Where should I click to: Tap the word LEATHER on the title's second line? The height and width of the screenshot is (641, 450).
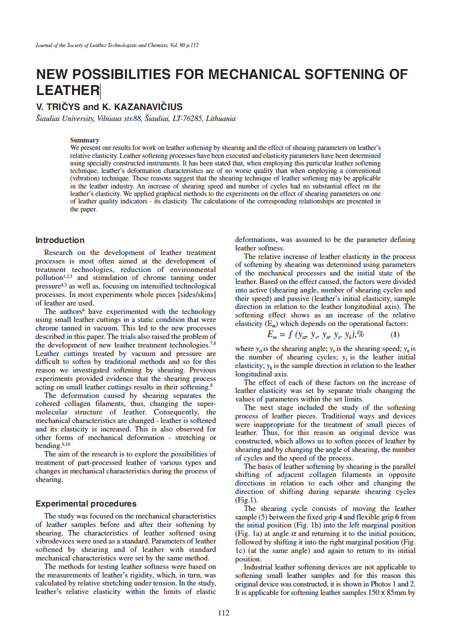68,90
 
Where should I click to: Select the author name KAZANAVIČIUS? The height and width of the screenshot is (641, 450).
148,107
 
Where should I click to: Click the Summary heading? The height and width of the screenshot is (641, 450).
84,140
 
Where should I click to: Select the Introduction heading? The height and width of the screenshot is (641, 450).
60,240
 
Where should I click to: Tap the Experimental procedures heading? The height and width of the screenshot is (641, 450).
86,503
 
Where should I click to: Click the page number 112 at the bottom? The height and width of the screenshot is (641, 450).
223,613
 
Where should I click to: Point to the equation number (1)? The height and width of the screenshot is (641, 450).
394,334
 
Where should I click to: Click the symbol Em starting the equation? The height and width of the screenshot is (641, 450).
273,335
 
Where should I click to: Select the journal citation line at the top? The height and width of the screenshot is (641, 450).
117,45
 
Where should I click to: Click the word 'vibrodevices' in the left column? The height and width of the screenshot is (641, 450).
55,541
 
